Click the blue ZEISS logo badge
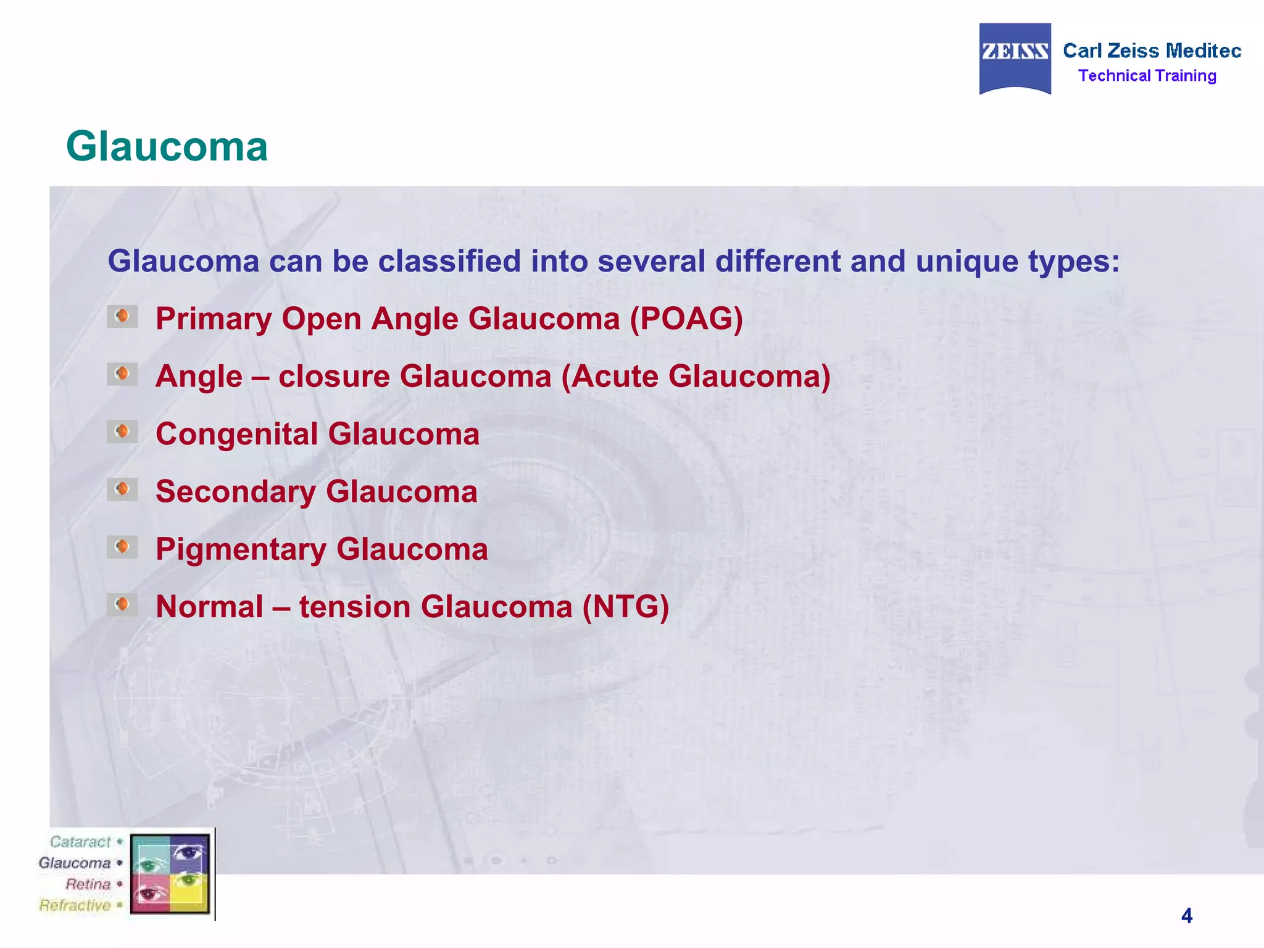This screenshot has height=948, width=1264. click(1015, 59)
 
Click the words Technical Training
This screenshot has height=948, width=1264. click(1147, 76)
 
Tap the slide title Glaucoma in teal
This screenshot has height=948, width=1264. click(167, 147)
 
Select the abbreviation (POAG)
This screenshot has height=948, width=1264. click(686, 319)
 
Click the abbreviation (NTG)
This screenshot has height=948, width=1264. click(626, 607)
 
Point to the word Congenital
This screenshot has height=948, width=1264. click(236, 434)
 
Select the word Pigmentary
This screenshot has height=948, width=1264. click(241, 549)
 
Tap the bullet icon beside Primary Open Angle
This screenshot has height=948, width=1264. click(122, 317)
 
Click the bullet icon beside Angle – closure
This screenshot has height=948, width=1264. click(122, 374)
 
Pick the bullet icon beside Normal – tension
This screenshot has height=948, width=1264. click(122, 604)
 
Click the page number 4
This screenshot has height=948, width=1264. click(1186, 915)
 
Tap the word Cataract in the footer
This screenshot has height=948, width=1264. click(80, 842)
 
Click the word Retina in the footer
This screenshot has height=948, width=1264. click(88, 884)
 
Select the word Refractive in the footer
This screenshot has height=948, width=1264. click(75, 905)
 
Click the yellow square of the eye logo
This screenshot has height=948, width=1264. click(189, 893)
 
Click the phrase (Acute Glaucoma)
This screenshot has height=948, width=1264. click(696, 376)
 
